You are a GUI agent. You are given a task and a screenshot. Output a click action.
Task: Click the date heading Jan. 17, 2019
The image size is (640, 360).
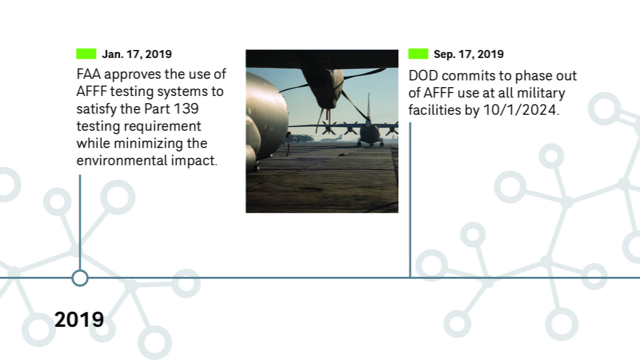(137, 54)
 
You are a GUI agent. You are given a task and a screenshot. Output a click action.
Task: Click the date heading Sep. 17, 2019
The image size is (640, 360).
(468, 54)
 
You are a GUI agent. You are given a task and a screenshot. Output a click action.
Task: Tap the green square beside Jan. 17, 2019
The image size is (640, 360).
(86, 54)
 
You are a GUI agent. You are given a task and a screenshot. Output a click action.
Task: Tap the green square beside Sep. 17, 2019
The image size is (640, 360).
(418, 54)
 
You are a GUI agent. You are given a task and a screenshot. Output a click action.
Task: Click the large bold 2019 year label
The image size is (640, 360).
(79, 320)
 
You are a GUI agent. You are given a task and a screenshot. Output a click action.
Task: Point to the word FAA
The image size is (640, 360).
(88, 74)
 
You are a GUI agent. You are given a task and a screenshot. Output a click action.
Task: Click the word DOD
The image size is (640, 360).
(423, 76)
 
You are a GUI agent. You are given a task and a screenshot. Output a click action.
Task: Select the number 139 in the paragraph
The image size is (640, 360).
(186, 109)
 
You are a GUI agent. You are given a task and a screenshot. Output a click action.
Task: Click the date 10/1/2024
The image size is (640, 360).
(520, 110)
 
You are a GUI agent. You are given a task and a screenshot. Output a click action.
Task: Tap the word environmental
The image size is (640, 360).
(122, 160)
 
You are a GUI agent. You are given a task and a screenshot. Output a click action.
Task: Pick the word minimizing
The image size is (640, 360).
(148, 144)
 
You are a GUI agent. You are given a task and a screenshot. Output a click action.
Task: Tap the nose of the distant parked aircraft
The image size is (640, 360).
(370, 135)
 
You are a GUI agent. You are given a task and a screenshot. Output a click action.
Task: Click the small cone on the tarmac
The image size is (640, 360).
(341, 154)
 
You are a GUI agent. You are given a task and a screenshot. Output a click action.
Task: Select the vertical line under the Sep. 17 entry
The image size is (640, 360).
(410, 200)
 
